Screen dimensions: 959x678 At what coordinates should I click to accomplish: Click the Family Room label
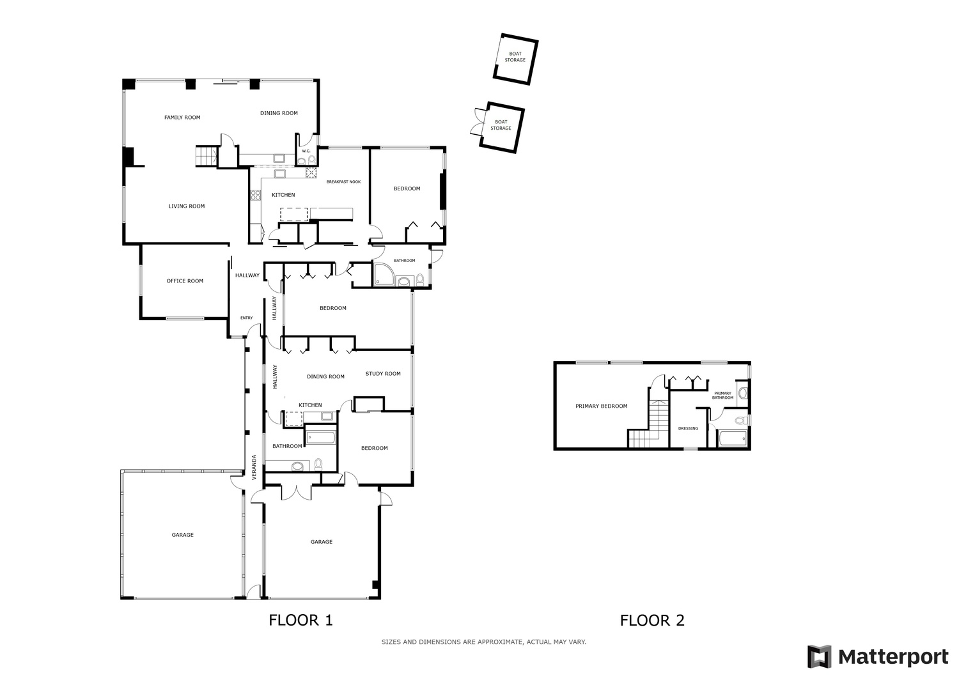(182, 118)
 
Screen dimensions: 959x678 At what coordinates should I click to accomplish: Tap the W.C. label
(306, 151)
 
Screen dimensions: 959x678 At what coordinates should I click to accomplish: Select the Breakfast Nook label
(343, 182)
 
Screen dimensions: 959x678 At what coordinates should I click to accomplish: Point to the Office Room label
(185, 281)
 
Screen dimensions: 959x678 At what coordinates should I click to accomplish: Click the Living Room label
(187, 206)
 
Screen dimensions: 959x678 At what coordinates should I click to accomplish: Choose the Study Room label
(383, 374)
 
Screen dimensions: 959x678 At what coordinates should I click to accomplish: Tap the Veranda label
(254, 467)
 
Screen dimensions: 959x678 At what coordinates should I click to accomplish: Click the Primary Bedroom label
(601, 406)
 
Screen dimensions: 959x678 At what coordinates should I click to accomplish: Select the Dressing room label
(688, 428)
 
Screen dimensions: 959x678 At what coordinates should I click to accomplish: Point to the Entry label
(247, 318)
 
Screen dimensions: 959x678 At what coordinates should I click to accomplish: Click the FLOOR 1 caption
(300, 620)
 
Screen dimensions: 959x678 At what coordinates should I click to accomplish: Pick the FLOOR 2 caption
(652, 620)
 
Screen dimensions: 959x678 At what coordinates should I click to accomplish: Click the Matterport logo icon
(819, 656)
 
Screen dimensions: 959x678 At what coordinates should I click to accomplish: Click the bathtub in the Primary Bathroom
(733, 439)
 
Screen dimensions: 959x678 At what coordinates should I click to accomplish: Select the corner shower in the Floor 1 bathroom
(384, 275)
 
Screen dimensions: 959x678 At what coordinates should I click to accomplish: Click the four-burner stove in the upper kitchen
(256, 195)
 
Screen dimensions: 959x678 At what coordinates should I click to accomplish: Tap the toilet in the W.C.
(312, 160)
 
